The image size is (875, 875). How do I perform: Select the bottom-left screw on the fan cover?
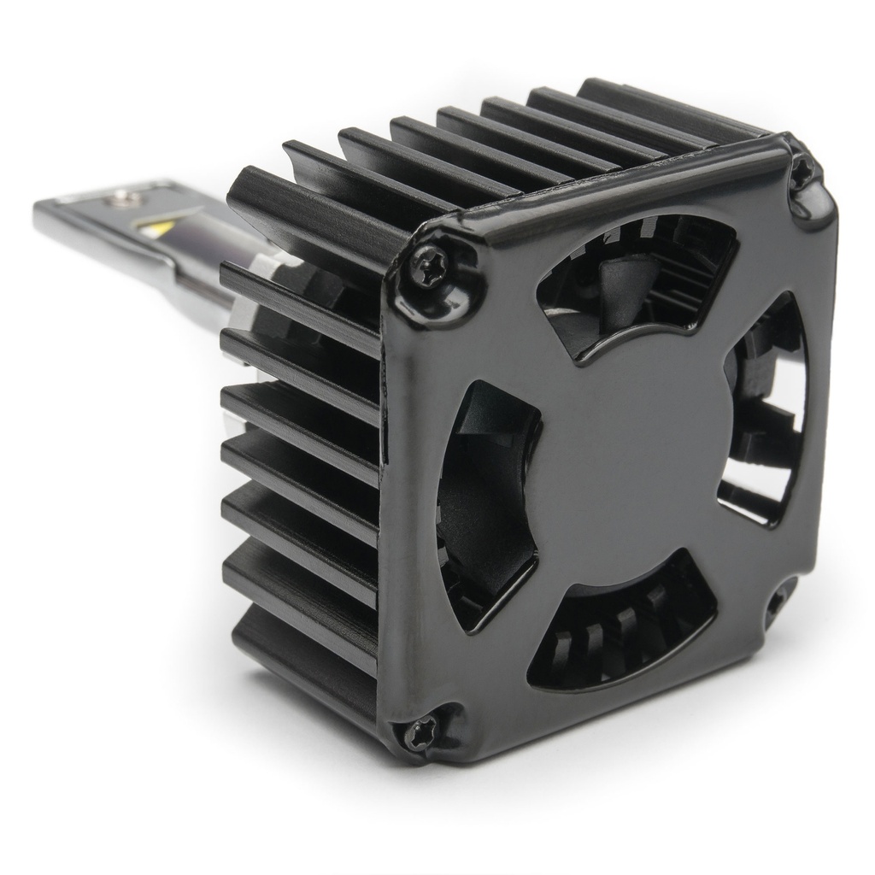point(420,732)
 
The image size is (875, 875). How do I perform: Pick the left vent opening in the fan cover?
point(487,504)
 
